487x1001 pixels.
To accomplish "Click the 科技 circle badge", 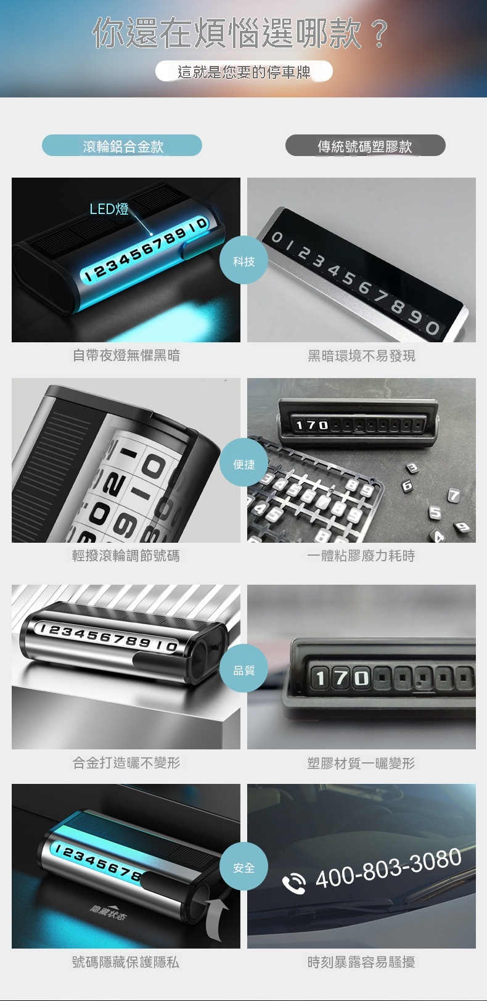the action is [243, 260].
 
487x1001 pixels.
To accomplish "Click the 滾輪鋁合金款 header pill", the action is [122, 145].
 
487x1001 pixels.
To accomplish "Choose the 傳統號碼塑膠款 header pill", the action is [366, 145].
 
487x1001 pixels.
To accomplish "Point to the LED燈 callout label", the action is [109, 208].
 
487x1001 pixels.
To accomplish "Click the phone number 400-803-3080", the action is [388, 867].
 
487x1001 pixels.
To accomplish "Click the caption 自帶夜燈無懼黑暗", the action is [126, 355].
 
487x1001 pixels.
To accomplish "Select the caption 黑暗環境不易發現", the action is [361, 355].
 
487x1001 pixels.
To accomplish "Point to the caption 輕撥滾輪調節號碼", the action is [126, 556].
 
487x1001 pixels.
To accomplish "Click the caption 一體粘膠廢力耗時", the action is [361, 556].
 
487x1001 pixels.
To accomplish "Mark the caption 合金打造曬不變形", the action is [126, 762].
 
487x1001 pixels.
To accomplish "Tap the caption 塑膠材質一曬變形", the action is [361, 762].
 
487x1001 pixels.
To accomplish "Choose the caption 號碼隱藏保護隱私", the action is [126, 962].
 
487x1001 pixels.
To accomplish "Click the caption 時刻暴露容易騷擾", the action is [361, 962].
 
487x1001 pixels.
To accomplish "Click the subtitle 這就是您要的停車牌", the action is [244, 72].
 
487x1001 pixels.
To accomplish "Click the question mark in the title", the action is [379, 33].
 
